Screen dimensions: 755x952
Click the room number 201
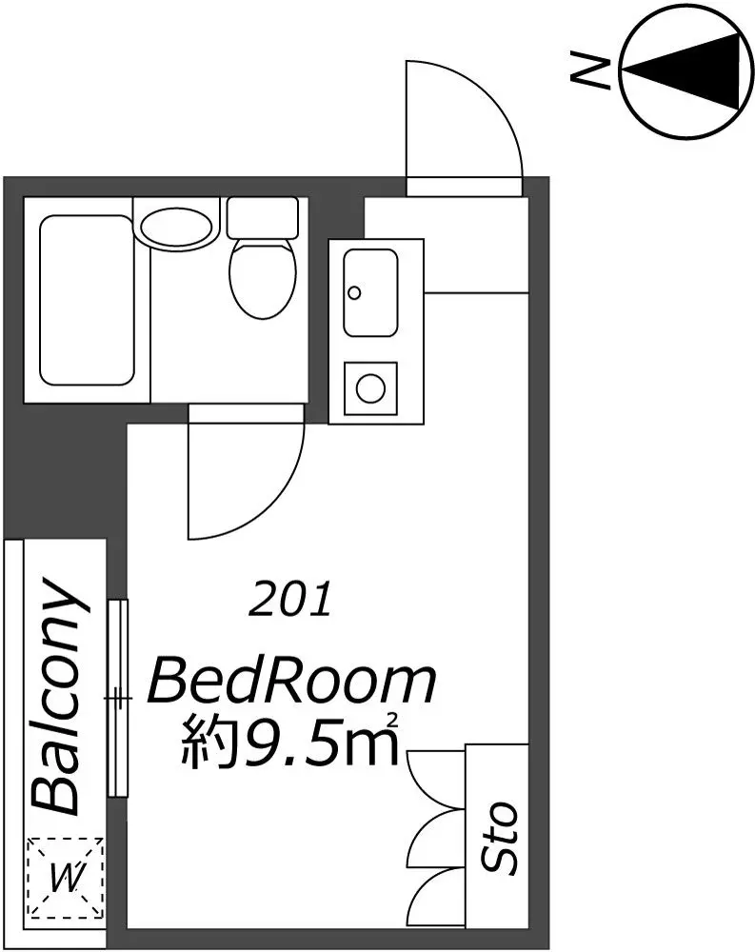coord(290,599)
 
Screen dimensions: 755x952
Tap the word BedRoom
coord(292,683)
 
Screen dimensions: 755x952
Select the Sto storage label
coord(499,837)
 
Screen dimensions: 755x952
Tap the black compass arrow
coord(684,71)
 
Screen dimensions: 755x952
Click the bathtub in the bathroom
coord(87,300)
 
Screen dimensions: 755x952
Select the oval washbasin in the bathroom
coord(178,228)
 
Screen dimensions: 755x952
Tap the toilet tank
coord(263,217)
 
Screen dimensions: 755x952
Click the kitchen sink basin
coord(370,292)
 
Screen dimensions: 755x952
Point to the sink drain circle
coord(354,293)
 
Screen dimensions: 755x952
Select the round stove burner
coord(370,388)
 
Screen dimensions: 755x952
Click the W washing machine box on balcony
coord(65,877)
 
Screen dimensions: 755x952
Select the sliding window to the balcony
coord(118,698)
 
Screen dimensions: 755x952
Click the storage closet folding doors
coord(436,838)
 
